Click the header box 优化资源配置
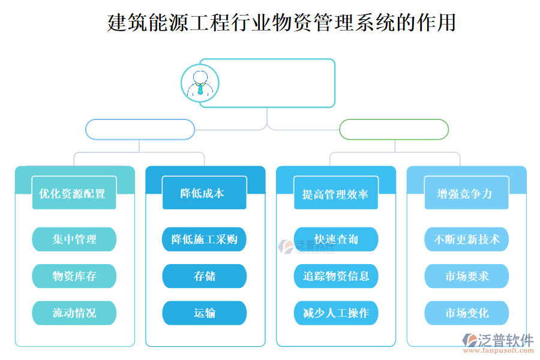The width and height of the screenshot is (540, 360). pyautogui.click(x=74, y=193)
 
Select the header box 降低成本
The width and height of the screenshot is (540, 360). pyautogui.click(x=204, y=193)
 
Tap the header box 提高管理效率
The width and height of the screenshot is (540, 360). pyautogui.click(x=335, y=193)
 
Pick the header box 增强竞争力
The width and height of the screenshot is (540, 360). pyautogui.click(x=466, y=193)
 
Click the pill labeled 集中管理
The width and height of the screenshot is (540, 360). pyautogui.click(x=74, y=239)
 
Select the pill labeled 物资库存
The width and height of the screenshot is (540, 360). pyautogui.click(x=74, y=276)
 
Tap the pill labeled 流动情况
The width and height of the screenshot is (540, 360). pyautogui.click(x=74, y=313)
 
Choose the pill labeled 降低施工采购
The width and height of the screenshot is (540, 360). pyautogui.click(x=204, y=239)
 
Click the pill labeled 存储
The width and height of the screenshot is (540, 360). pyautogui.click(x=204, y=276)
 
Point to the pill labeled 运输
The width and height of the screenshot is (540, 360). pyautogui.click(x=204, y=313)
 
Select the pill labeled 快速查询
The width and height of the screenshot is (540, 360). pyautogui.click(x=335, y=239)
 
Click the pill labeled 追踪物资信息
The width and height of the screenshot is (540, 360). pyautogui.click(x=335, y=276)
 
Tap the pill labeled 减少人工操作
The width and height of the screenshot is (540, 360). pyautogui.click(x=335, y=313)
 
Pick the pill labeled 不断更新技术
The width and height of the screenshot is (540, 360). pyautogui.click(x=466, y=239)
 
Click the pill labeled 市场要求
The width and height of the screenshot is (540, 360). pyautogui.click(x=466, y=276)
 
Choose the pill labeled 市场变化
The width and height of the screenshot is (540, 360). pyautogui.click(x=466, y=313)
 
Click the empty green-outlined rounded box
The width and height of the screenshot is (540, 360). pyautogui.click(x=394, y=130)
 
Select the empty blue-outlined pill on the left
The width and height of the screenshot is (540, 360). pyautogui.click(x=140, y=130)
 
